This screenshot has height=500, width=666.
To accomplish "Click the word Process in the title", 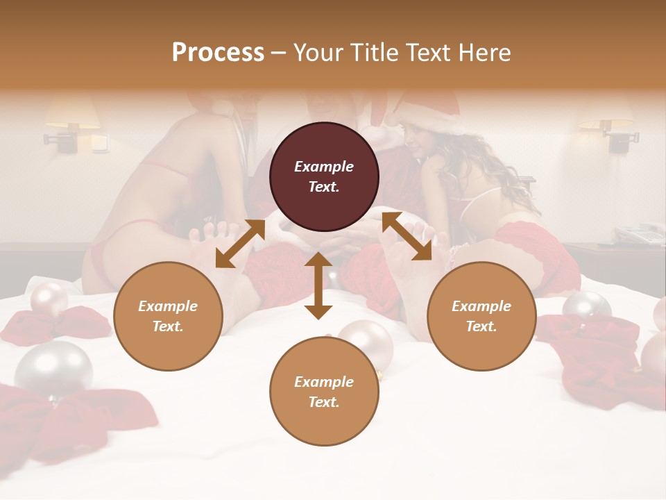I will [x=218, y=53].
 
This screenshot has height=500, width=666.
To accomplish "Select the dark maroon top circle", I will [x=324, y=176].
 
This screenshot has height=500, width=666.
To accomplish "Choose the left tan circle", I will [x=168, y=316].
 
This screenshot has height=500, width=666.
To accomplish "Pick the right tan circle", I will [x=481, y=316].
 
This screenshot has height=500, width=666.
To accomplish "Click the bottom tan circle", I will [x=324, y=392].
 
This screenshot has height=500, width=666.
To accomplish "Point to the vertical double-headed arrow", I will [x=318, y=285].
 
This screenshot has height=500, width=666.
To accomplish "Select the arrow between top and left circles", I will [x=240, y=244].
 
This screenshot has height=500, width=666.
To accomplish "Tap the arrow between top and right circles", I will [x=407, y=236].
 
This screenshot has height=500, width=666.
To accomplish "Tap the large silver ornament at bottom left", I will [x=54, y=367].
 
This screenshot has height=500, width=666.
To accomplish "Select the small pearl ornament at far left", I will [x=49, y=299].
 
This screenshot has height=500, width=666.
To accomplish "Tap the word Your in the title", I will [x=316, y=53].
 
